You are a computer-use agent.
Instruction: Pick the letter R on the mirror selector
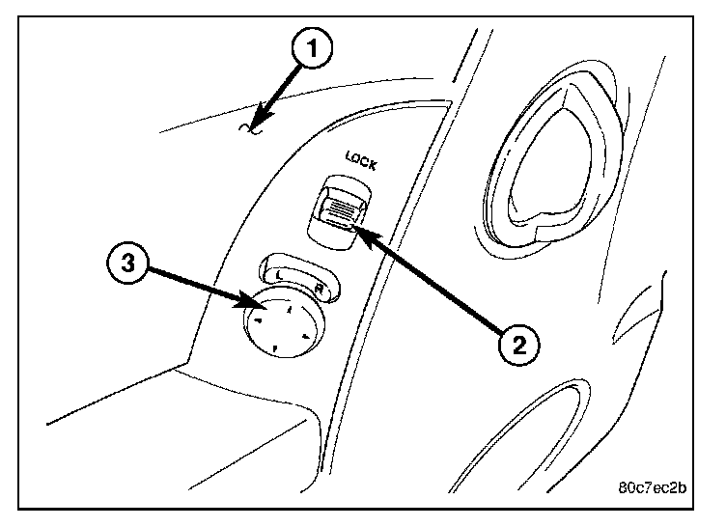pyautogui.click(x=319, y=290)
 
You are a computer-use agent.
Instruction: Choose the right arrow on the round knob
pyautogui.click(x=305, y=337)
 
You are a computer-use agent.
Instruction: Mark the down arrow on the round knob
pyautogui.click(x=274, y=347)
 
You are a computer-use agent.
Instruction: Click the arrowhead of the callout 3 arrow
pyautogui.click(x=254, y=306)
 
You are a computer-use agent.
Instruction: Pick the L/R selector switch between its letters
pyautogui.click(x=300, y=279)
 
